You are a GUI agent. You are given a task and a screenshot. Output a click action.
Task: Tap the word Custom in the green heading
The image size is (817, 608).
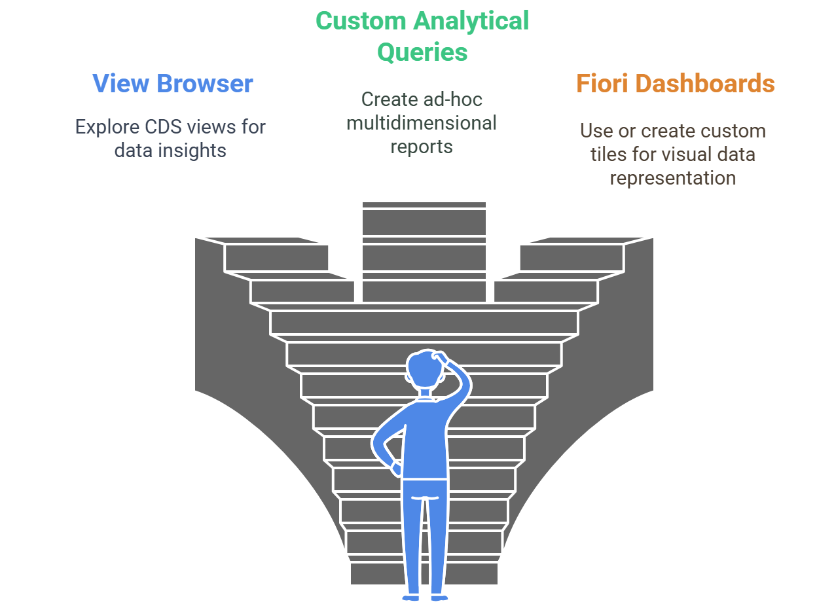tap(361, 21)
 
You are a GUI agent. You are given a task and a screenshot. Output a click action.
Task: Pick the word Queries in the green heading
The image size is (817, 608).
tap(422, 52)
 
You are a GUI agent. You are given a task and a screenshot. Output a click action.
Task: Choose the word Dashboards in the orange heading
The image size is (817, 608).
tap(706, 84)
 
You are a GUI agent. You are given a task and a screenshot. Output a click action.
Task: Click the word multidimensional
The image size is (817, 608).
tap(422, 123)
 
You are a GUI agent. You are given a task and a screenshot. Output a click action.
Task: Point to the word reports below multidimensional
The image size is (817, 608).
tap(422, 146)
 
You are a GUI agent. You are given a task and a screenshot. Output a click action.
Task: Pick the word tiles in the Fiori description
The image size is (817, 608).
tap(608, 154)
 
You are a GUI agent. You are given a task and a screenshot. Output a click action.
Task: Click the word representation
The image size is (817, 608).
tap(672, 178)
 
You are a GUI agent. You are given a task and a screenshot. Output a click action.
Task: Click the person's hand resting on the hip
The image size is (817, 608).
tap(397, 469)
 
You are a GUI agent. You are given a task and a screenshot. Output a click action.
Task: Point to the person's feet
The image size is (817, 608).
tap(423, 597)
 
